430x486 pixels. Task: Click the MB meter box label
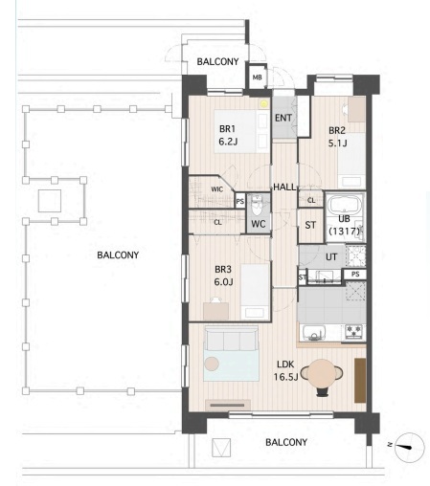257,77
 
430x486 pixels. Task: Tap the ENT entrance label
283,118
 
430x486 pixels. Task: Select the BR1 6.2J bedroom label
228,135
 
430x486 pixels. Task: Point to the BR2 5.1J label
337,137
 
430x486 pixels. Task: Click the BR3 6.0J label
223,276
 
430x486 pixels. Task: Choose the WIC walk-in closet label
216,189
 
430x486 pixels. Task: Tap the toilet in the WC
257,206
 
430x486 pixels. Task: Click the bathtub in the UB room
345,204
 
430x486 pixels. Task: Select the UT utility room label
331,256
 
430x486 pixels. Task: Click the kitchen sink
314,333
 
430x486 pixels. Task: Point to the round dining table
322,373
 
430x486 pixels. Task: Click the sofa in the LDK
231,339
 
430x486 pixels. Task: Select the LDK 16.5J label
285,370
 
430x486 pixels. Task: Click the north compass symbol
409,447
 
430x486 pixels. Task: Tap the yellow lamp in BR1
263,103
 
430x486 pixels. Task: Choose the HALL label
284,187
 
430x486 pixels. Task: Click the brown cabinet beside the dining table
360,380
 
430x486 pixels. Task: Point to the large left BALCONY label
118,255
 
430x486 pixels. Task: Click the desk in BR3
215,311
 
